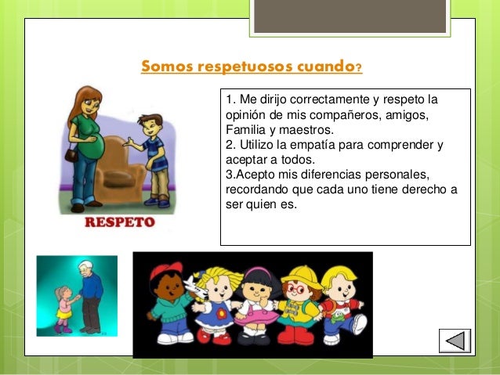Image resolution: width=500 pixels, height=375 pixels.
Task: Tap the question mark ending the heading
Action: click(358, 67)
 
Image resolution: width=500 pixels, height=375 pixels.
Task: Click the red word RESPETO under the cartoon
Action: click(119, 223)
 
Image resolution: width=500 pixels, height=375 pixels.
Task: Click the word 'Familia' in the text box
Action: click(245, 129)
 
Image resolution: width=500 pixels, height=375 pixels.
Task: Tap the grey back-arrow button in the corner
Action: click(454, 341)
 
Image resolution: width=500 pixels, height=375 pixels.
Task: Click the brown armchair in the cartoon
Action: click(121, 164)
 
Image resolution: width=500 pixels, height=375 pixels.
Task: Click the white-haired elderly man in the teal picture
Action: click(91, 294)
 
